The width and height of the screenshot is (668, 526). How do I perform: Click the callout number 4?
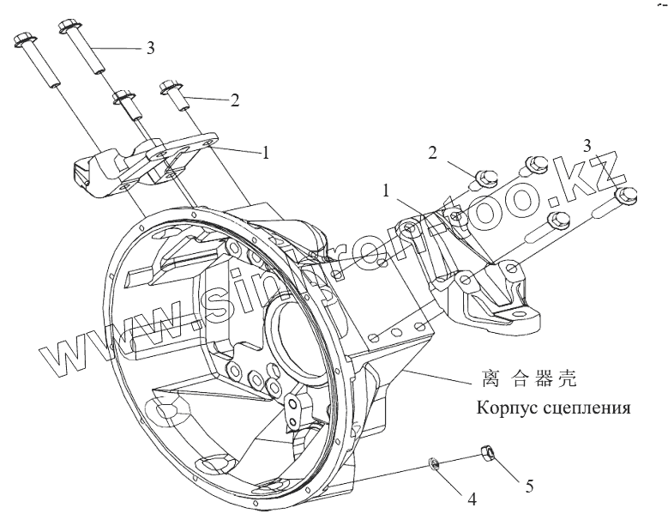471,497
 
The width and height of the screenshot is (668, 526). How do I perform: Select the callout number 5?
530,487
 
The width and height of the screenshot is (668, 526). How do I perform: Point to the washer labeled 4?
434,464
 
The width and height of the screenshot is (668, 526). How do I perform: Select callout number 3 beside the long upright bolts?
150,49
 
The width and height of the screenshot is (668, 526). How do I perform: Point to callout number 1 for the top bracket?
266,153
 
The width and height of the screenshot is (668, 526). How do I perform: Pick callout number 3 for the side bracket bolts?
587,143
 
